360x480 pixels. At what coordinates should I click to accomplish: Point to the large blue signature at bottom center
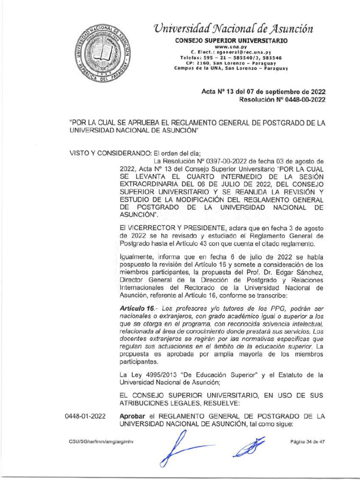[x=187, y=447]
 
